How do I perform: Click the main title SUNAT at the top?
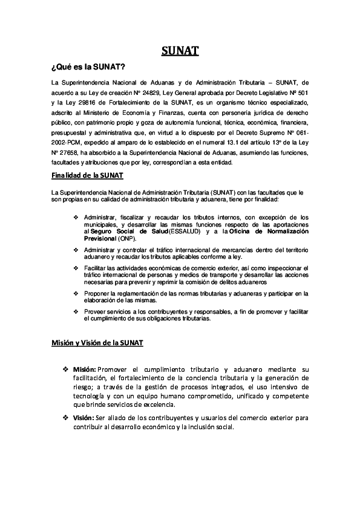pos(180,51)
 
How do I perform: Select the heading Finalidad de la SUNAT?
pos(87,176)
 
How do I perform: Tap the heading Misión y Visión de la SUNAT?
pos(97,343)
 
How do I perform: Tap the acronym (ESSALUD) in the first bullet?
pos(169,232)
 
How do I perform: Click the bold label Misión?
pos(85,369)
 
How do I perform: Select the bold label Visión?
pos(83,418)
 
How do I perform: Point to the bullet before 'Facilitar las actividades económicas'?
pos(76,267)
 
